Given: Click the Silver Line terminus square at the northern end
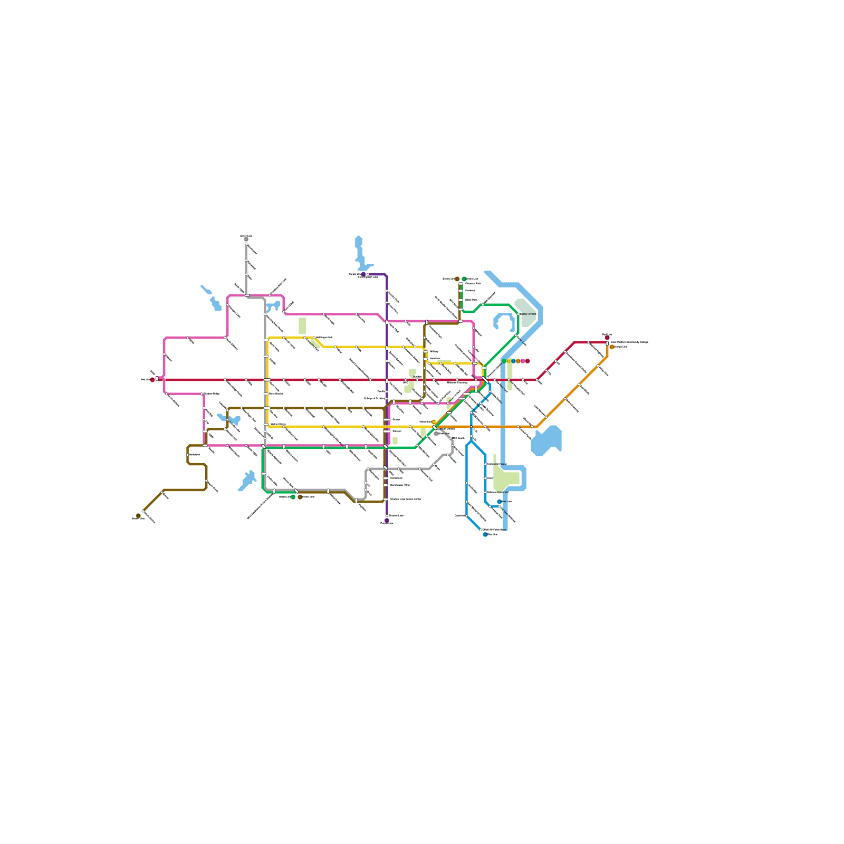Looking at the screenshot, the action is coord(246,239).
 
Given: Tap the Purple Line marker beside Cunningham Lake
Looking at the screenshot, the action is coord(363,274).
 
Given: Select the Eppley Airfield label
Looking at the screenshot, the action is coord(529,314).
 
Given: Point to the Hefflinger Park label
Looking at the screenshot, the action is coord(324,337).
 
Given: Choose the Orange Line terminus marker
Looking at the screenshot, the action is coord(612,347).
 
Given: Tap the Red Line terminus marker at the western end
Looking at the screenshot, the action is coord(152,380).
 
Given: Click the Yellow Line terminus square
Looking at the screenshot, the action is coord(434,422).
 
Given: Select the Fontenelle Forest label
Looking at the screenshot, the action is coord(497,464).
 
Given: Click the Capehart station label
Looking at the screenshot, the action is coord(459,515).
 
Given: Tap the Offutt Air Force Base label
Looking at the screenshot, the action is coord(494,529).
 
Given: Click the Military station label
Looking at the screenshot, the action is coord(434,351).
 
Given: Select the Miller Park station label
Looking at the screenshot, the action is coord(471,300).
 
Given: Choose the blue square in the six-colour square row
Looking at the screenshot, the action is coord(513,361).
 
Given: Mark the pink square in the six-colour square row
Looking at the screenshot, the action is coord(523,361).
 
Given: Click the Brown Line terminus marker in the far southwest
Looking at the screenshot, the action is coord(138,516).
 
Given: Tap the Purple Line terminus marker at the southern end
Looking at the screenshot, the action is coord(387,521).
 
